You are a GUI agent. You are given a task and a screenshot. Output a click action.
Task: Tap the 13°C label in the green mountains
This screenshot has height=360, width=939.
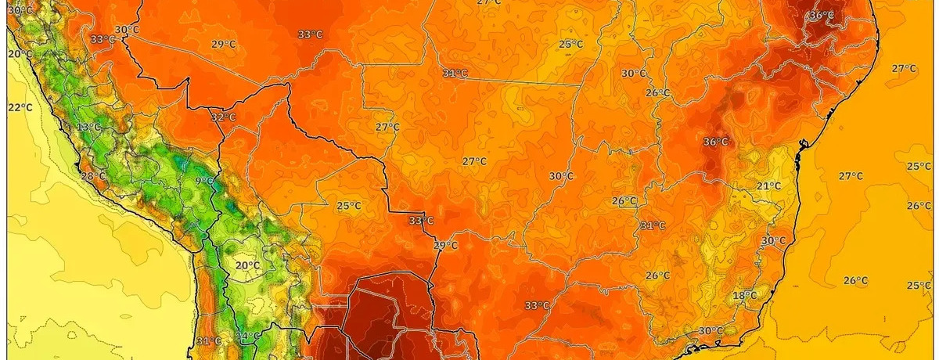coord(89,127)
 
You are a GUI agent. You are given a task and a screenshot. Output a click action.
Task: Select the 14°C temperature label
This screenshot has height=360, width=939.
coord(248,337)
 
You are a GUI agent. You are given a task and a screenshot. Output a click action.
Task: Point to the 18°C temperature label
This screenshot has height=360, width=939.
coord(744,295)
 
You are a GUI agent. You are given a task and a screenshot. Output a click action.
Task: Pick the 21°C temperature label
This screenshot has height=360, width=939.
coord(768,185)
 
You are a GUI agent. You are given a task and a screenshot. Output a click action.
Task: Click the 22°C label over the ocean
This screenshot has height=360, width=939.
coord(20,107)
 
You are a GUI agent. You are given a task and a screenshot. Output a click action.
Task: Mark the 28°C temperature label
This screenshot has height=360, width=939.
coord(93,176)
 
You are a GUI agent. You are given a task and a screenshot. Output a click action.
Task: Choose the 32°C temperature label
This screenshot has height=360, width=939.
coord(223,117)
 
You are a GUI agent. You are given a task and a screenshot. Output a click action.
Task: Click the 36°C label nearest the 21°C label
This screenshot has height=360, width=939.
coord(715,142)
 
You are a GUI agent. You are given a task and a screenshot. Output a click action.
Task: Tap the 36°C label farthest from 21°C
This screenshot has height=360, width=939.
coord(822,16)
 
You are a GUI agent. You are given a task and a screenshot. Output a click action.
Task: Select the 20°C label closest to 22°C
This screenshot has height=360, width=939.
coord(20,54)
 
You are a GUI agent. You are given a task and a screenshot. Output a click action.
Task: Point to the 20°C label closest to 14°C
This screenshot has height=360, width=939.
coord(247,265)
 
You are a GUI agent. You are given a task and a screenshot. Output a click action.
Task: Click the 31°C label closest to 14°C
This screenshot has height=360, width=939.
coord(209,340)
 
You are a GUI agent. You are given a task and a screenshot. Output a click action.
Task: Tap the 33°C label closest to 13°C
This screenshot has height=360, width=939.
coord(102,39)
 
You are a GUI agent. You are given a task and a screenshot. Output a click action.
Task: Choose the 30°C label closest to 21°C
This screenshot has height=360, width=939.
coord(773,240)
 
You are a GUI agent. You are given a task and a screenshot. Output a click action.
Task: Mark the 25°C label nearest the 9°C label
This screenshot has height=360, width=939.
coord(348,207)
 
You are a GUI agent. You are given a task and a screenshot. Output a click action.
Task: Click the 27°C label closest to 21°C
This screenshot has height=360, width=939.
coord(850,176)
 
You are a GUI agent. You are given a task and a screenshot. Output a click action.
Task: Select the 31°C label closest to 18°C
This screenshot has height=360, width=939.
coord(651,225)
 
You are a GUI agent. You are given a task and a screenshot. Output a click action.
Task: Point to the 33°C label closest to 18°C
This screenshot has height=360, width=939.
coord(536,305)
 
